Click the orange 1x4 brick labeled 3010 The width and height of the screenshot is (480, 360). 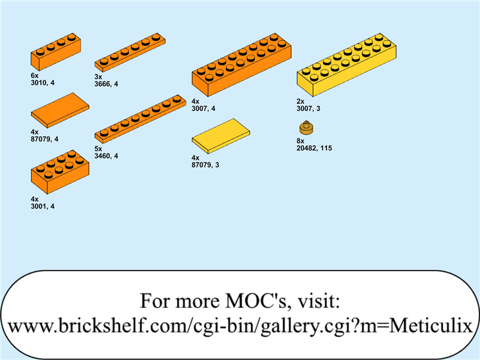[x=56, y=52]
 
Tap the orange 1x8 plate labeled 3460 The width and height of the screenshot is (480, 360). [x=140, y=118]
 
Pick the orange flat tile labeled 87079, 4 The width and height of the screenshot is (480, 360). [x=59, y=110]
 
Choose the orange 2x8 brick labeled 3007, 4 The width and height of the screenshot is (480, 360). [x=241, y=65]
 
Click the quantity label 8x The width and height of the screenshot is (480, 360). [x=301, y=140]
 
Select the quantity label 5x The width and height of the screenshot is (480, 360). [x=98, y=149]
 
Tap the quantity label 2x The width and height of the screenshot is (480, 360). [x=301, y=102]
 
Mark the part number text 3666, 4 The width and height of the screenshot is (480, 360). [x=106, y=84]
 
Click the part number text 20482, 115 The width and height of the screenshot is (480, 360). [x=314, y=148]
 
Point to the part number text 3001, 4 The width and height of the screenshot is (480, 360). [x=43, y=206]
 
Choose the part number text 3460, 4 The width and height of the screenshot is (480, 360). [x=106, y=156]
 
